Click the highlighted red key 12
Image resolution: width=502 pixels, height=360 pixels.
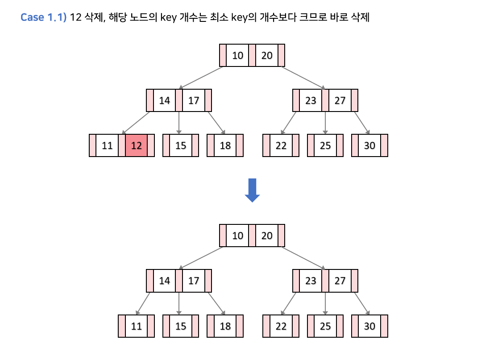(136, 145)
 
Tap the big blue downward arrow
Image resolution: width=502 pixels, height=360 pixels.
(252, 190)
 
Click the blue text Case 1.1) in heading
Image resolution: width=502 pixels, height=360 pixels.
(44, 18)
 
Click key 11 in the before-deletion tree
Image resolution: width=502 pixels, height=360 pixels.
(107, 145)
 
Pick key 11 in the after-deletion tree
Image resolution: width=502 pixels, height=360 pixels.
(136, 326)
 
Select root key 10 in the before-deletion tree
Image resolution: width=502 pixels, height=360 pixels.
(237, 55)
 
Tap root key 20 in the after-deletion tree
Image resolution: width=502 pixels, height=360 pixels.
(266, 236)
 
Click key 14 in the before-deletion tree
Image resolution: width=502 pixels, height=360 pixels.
(164, 100)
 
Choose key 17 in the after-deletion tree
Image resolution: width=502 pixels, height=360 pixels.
(193, 281)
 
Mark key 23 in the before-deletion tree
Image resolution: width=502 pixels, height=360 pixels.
(311, 100)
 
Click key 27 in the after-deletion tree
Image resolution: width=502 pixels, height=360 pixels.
(340, 281)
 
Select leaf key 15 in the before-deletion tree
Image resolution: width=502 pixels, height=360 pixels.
(180, 145)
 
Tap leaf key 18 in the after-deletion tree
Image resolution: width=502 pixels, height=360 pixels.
(225, 326)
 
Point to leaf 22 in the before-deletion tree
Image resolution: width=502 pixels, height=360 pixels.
(281, 145)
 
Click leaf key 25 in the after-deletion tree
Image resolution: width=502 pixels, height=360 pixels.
(325, 326)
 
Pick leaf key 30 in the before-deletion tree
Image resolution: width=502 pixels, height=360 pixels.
(369, 145)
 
